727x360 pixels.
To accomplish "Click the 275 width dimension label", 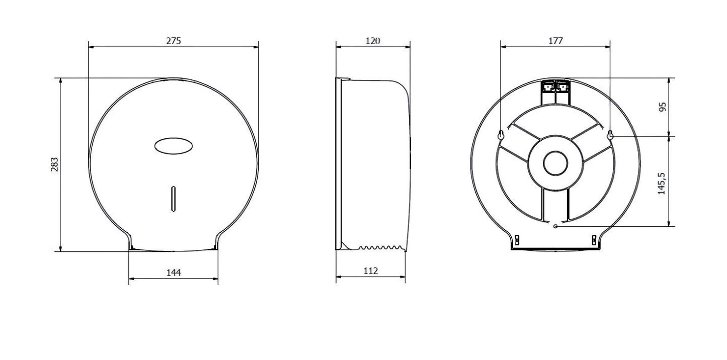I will (x=173, y=41).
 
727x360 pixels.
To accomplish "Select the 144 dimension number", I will (x=173, y=273).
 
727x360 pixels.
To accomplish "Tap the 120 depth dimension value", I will (x=372, y=41).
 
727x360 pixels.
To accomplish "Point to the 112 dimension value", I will (x=370, y=271).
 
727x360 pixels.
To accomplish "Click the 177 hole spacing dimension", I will (x=555, y=41).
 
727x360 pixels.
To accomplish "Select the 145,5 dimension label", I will (x=662, y=183).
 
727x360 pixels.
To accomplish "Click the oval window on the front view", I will (x=173, y=146).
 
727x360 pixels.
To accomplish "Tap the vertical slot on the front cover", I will (x=173, y=198).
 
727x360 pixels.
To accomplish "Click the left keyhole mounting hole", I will (x=501, y=135).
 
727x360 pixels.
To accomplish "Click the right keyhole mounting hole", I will (x=610, y=135).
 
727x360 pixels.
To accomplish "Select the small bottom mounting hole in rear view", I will (x=555, y=226).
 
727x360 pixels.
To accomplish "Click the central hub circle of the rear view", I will (x=555, y=163).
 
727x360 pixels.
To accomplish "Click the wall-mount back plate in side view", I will (x=338, y=163).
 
